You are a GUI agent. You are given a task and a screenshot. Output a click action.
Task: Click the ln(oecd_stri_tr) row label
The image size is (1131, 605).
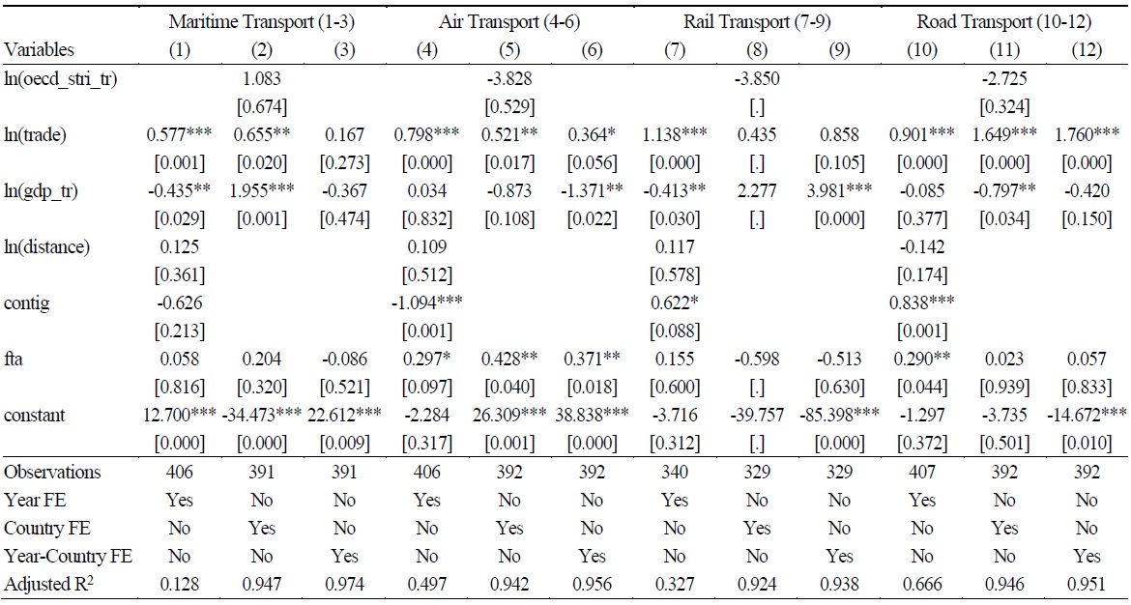click(61, 79)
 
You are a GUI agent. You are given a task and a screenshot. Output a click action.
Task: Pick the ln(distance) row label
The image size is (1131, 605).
click(46, 246)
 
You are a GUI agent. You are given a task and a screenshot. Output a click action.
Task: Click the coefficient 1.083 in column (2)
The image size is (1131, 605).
click(262, 79)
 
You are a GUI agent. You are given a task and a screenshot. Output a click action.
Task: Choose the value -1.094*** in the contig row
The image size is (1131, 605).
click(426, 303)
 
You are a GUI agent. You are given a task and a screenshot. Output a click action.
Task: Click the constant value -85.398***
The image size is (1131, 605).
click(839, 416)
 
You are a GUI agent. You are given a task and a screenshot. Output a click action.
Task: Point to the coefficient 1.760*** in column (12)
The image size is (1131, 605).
click(1085, 134)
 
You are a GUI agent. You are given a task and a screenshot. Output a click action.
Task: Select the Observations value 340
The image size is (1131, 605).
click(674, 473)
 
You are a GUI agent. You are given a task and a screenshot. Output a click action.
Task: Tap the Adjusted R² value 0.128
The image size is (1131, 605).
click(181, 584)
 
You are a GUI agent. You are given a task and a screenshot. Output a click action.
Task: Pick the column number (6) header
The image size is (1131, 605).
click(590, 49)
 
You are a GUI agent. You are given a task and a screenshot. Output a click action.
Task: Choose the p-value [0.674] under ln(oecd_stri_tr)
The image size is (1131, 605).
click(262, 105)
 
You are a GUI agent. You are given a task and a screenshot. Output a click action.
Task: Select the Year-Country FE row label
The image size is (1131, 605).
click(68, 556)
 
